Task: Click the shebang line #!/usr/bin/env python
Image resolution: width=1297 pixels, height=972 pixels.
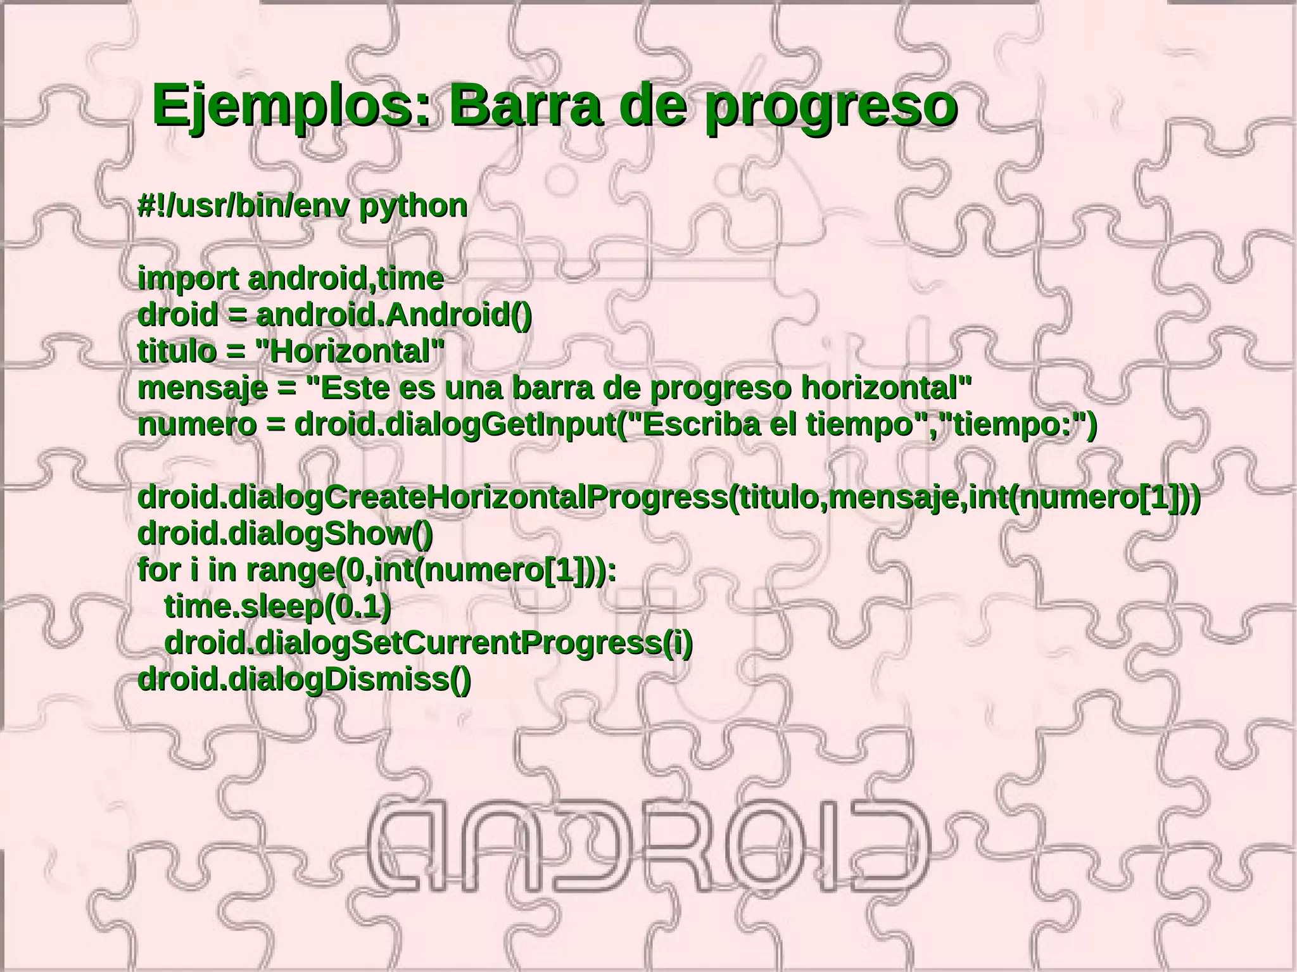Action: coord(303,206)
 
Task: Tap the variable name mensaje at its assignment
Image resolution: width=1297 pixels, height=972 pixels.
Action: coord(202,388)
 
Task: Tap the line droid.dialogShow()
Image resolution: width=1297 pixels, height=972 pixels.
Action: coord(285,534)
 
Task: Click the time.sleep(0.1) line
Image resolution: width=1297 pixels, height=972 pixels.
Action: coord(277,607)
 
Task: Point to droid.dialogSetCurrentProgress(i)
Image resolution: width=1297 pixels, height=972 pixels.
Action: coord(428,643)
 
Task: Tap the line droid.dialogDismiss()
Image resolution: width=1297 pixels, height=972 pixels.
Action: coord(304,679)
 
